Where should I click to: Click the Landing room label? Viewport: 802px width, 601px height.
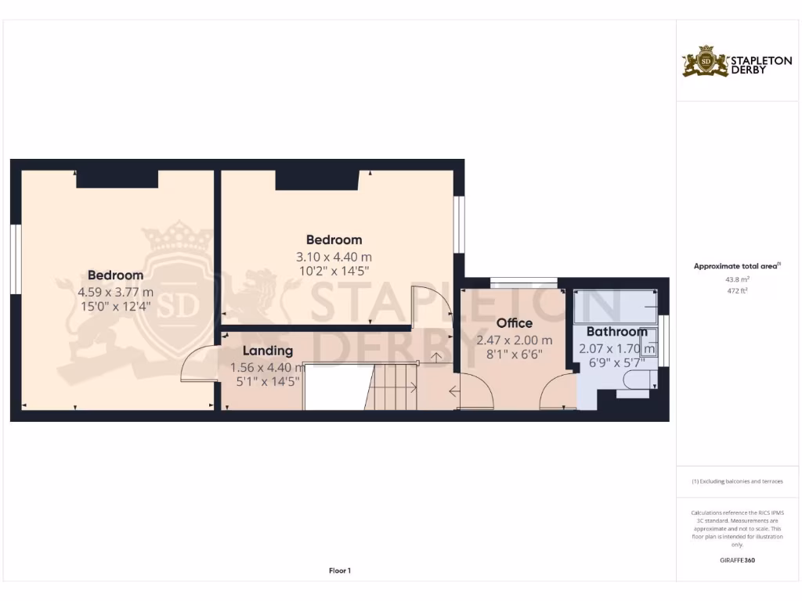point(267,351)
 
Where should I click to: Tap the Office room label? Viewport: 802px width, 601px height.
point(515,323)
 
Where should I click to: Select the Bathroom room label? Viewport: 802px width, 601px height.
point(616,332)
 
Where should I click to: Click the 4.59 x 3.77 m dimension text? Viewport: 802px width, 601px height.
point(115,292)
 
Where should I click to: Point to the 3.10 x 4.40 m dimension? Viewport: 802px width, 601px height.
point(333,257)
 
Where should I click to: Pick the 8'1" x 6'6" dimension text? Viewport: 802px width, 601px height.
point(515,354)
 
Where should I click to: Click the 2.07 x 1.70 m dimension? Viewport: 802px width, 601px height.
point(616,348)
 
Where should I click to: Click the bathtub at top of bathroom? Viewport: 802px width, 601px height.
point(615,305)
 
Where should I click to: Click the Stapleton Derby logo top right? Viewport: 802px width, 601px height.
point(737,62)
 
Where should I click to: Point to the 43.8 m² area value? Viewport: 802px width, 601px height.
point(736,279)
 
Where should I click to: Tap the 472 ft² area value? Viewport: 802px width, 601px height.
point(736,291)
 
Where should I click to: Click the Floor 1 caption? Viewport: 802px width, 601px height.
point(340,571)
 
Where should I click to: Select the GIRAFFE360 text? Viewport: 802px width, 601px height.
point(736,560)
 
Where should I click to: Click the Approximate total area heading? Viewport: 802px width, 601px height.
point(736,266)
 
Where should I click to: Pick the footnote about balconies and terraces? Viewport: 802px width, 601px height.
point(736,481)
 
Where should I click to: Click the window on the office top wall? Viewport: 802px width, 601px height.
point(524,282)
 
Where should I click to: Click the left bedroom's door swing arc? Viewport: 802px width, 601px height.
point(197,364)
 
